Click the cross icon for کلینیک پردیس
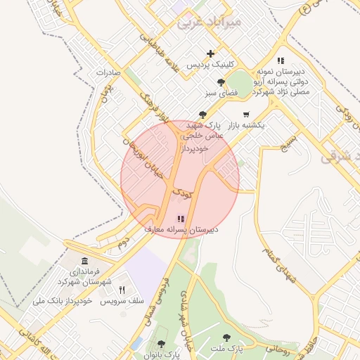coord(210,53)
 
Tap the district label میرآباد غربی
coord(208,22)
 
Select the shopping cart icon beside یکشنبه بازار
coord(245,114)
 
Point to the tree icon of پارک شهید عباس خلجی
coord(202,114)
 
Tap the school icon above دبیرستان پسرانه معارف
coord(181,219)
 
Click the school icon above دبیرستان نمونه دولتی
coord(281,61)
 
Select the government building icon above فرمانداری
coord(84,262)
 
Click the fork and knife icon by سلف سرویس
coord(122,290)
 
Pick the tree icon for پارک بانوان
coord(161,344)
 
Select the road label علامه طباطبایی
coord(161,51)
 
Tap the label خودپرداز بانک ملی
coord(63,301)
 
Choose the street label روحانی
coord(278,347)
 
